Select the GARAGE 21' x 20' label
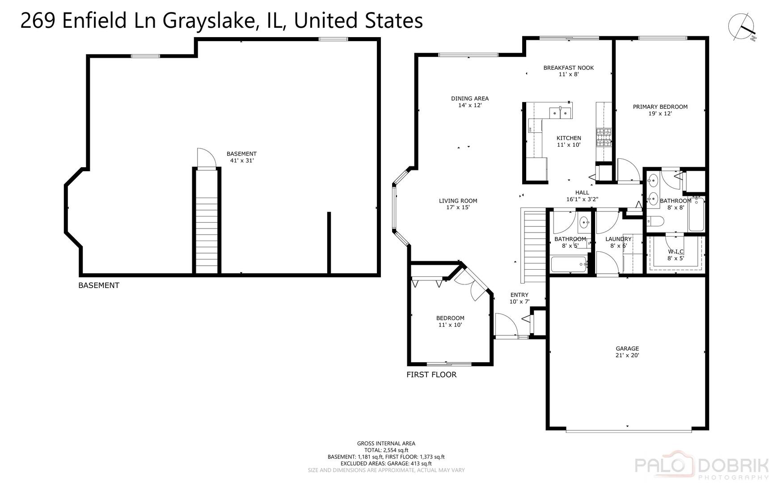click(x=627, y=352)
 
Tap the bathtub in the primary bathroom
click(x=696, y=215)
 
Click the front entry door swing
click(x=506, y=324)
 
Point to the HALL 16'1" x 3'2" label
click(x=582, y=196)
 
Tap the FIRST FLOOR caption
click(x=431, y=375)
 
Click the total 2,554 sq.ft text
click(x=386, y=450)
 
